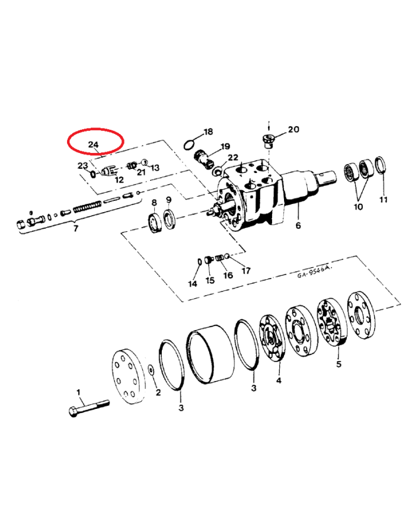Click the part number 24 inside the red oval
[94, 145]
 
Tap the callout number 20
[294, 130]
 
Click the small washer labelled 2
[152, 370]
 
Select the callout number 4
[279, 380]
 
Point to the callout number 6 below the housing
[298, 226]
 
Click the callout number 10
[357, 207]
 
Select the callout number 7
[75, 228]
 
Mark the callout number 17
[245, 270]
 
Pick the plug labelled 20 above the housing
[268, 140]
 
